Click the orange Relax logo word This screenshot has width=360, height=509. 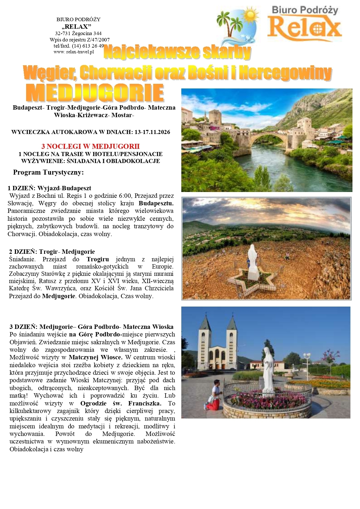(305, 28)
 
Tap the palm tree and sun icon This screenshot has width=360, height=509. (236, 25)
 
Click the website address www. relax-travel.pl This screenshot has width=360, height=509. (74, 52)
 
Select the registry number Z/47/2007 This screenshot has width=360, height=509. (98, 40)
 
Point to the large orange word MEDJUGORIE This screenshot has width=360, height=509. (95, 93)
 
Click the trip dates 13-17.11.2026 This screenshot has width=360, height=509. (152, 132)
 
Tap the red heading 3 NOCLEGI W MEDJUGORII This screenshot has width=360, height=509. (91, 146)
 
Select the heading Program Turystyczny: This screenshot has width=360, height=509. (48, 172)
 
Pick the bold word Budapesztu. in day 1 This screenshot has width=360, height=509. (156, 203)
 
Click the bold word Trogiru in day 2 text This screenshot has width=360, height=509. (98, 259)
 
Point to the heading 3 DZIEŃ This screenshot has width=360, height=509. (23, 327)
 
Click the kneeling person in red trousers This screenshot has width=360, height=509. (214, 396)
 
